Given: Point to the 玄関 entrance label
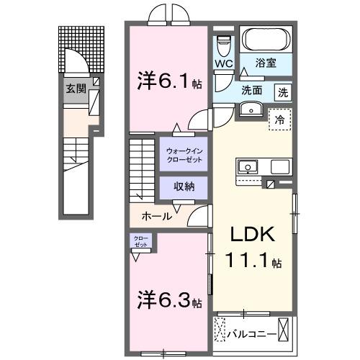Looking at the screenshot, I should (x=76, y=89).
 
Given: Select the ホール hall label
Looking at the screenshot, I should (x=156, y=216).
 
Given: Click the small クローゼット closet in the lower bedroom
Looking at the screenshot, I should (x=140, y=241).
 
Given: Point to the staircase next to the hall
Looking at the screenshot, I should (x=143, y=172).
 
